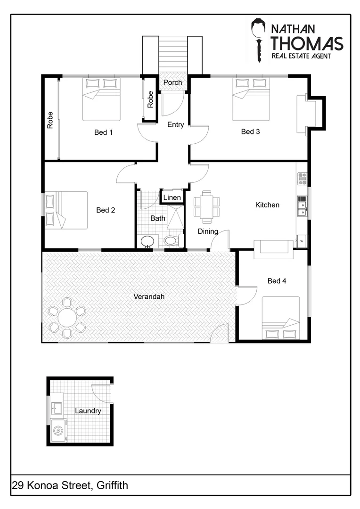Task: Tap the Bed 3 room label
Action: (x=250, y=132)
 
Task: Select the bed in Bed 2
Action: (x=66, y=210)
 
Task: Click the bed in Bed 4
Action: (x=281, y=318)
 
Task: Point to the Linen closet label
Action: (x=172, y=197)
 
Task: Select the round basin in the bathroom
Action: (x=147, y=241)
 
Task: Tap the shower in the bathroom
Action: (x=175, y=217)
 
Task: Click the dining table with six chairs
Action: (x=207, y=207)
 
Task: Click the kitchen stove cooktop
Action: (x=302, y=179)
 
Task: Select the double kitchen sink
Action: (x=302, y=205)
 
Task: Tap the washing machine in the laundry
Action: (x=58, y=430)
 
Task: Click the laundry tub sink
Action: (x=57, y=407)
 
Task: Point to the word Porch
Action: (x=172, y=83)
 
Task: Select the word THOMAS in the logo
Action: (x=307, y=43)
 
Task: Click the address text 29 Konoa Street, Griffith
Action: (x=70, y=485)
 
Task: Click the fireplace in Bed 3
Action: (x=306, y=112)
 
